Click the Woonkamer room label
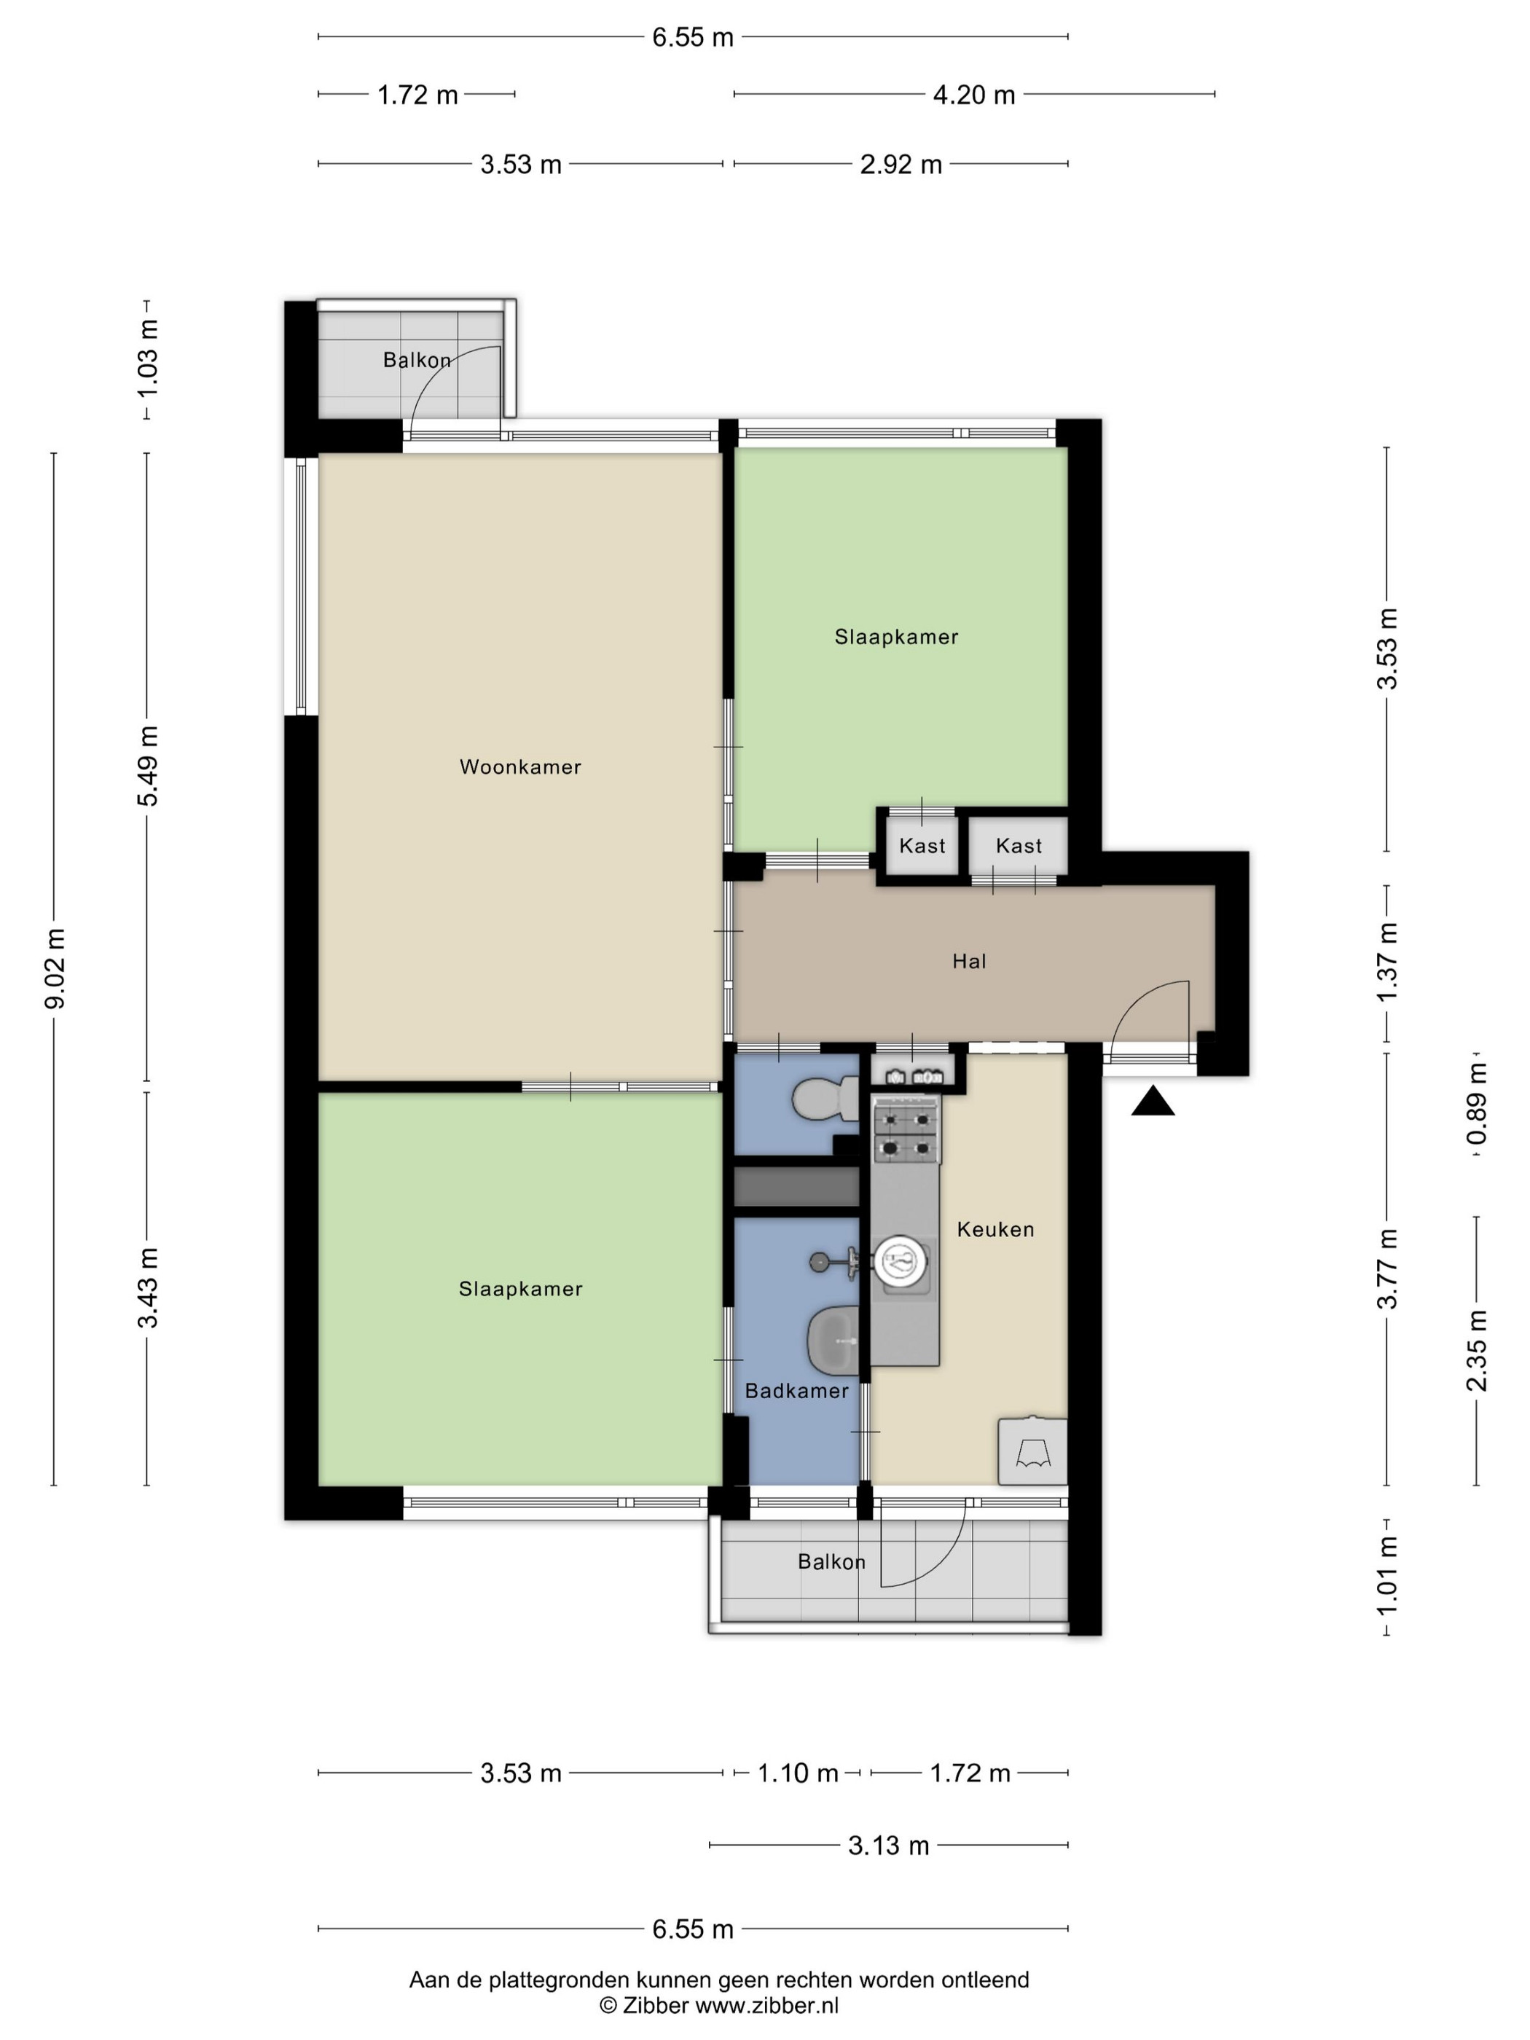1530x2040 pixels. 520,766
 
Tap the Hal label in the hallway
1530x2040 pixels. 969,961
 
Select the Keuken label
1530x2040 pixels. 995,1229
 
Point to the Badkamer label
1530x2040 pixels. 797,1391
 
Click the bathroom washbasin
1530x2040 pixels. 833,1340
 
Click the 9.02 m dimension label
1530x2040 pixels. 55,968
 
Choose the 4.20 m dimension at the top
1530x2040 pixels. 974,95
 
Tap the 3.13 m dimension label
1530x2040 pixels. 888,1845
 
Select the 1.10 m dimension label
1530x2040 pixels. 798,1773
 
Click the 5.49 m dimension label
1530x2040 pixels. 148,766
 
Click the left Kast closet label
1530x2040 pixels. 922,846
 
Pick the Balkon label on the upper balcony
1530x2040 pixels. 417,360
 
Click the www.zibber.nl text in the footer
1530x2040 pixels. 766,2005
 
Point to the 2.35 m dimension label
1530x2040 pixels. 1478,1350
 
